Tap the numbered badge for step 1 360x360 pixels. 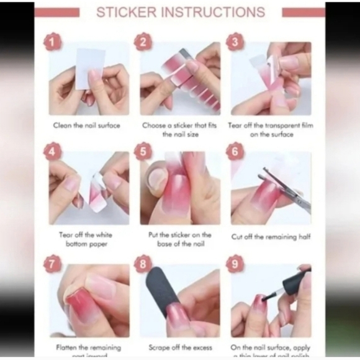(52, 43)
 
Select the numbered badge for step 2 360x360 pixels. (143, 43)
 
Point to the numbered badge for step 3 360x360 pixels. (235, 43)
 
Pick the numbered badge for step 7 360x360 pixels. (52, 263)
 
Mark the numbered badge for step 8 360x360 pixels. (143, 263)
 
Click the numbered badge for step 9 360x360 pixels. (235, 263)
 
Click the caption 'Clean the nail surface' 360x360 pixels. (86, 125)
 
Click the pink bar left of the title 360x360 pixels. (57, 12)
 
